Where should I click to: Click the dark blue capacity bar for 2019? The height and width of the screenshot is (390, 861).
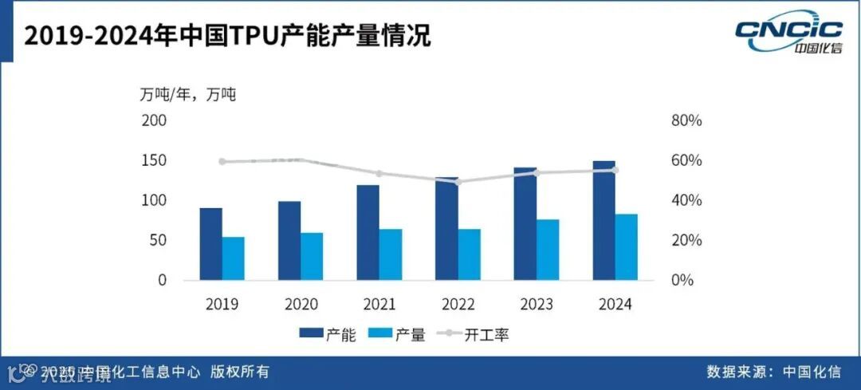click(x=211, y=244)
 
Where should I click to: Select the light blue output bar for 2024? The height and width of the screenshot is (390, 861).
click(x=626, y=247)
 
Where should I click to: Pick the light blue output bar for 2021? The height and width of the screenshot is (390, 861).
click(x=391, y=254)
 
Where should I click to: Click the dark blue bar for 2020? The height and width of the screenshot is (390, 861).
click(x=289, y=241)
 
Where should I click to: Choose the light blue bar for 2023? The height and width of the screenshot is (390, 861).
click(x=548, y=250)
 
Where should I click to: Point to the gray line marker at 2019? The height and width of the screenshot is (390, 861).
click(x=222, y=162)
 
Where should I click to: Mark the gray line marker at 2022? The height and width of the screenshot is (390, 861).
click(x=458, y=182)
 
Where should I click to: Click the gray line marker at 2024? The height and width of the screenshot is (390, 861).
click(x=615, y=170)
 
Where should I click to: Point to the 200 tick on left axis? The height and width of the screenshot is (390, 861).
click(x=154, y=121)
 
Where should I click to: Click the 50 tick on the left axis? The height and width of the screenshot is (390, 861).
click(x=157, y=241)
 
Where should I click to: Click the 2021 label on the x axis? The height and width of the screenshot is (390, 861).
click(x=379, y=304)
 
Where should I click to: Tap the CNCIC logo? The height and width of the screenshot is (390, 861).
click(x=788, y=33)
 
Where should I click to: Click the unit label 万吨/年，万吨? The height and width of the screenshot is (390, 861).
click(x=189, y=94)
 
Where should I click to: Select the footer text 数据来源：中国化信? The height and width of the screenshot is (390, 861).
click(x=773, y=372)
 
